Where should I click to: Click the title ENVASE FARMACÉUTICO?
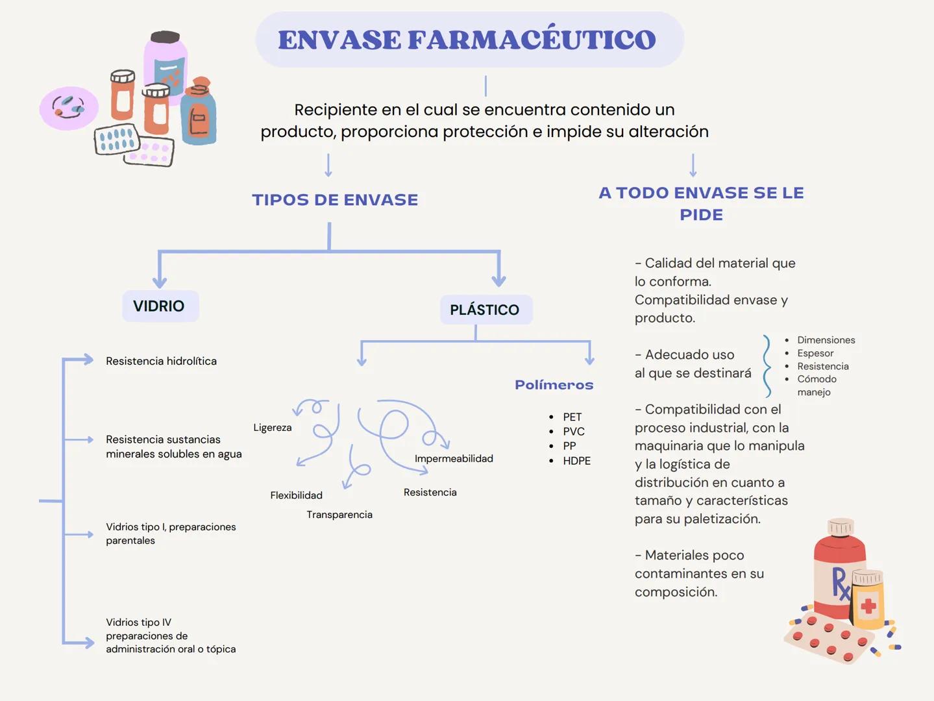tap(467, 40)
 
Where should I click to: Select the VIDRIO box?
tap(160, 306)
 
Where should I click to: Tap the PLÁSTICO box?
tap(485, 310)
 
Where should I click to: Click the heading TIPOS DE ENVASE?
tap(335, 200)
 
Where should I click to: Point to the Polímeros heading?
tap(554, 385)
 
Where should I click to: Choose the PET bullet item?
tap(572, 417)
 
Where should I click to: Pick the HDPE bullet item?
tap(576, 461)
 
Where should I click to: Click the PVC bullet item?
tap(574, 432)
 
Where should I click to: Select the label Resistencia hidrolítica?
tap(161, 361)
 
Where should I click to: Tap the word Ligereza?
tap(273, 428)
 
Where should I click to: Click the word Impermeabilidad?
tap(454, 459)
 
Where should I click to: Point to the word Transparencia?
tap(339, 515)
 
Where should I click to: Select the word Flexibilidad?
tap(296, 495)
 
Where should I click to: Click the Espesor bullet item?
tap(815, 353)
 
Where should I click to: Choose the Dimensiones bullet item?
tap(826, 340)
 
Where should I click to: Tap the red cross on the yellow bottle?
tap(868, 607)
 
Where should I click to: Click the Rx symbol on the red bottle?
tap(841, 583)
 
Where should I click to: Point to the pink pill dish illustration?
tap(69, 108)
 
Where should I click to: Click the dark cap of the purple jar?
tap(166, 37)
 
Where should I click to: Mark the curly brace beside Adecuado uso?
tap(767, 366)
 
